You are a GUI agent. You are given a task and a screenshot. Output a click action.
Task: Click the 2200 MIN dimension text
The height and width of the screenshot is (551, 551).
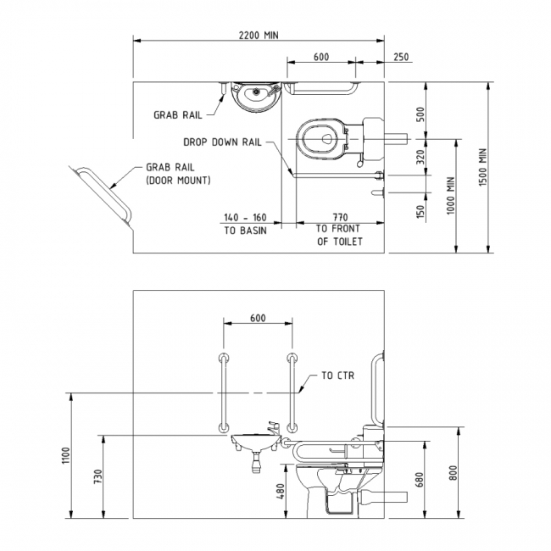[259, 35]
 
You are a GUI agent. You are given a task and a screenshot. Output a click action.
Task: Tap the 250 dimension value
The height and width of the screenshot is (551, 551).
[401, 57]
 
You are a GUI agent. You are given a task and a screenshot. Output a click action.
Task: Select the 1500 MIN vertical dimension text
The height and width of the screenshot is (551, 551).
[483, 167]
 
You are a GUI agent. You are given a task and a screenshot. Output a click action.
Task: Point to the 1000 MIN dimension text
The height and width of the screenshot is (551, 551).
[450, 195]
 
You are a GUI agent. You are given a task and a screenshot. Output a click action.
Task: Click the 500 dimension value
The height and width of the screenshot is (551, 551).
[420, 114]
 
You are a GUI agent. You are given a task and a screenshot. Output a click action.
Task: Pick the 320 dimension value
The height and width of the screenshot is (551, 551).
[420, 157]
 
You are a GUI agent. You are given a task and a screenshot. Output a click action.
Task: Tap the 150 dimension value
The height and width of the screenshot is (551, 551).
[420, 212]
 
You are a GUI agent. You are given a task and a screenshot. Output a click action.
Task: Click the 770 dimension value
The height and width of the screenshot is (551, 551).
[339, 217]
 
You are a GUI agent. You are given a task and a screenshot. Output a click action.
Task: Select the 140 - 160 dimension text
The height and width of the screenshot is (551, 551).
[245, 218]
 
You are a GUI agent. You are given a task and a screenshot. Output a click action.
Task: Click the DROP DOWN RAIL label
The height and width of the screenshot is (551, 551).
[222, 142]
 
